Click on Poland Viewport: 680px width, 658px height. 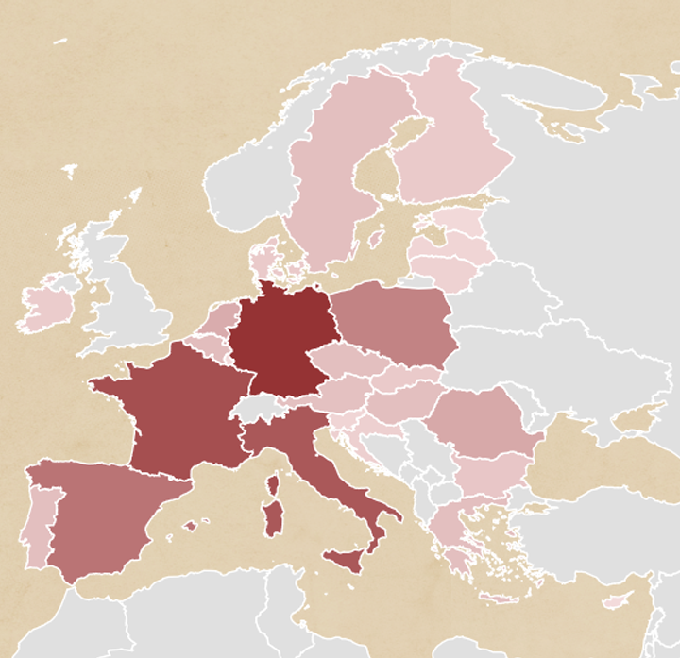pyautogui.click(x=392, y=321)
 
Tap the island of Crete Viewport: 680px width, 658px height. pyautogui.click(x=500, y=598)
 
